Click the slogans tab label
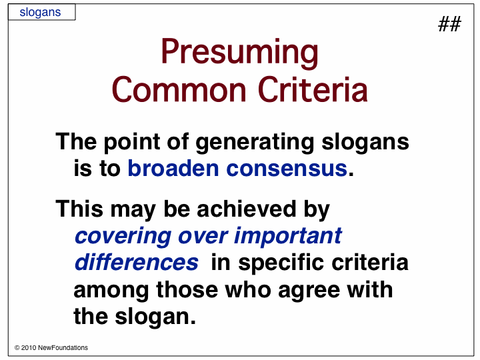[x=40, y=13]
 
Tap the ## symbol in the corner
[x=449, y=24]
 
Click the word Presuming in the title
[x=240, y=51]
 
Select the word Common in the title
[x=179, y=90]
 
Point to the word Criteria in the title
[x=313, y=89]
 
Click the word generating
[x=255, y=143]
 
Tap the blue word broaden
[x=173, y=169]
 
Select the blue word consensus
[x=287, y=169]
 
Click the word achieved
[x=247, y=209]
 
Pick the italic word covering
[x=123, y=237]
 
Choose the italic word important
[x=288, y=236]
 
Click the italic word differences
[x=137, y=263]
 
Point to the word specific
[x=281, y=263]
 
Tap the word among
[x=111, y=291]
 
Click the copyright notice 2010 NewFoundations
[x=51, y=348]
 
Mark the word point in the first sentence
[x=132, y=143]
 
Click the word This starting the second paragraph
[x=79, y=209]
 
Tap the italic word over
[x=203, y=237]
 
